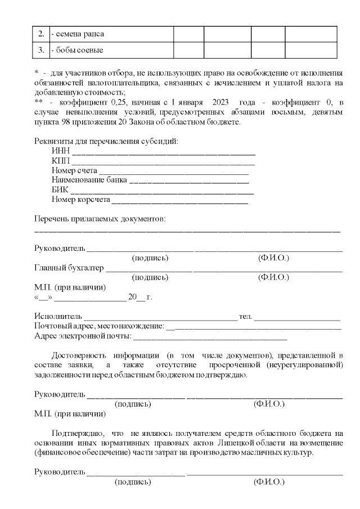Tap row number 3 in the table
41,50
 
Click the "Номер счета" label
74,171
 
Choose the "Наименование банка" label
89,181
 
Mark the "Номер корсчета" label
80,200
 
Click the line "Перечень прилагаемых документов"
100,219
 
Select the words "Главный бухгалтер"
69,268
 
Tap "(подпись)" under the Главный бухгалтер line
150,277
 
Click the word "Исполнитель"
58,317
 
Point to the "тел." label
245,317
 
